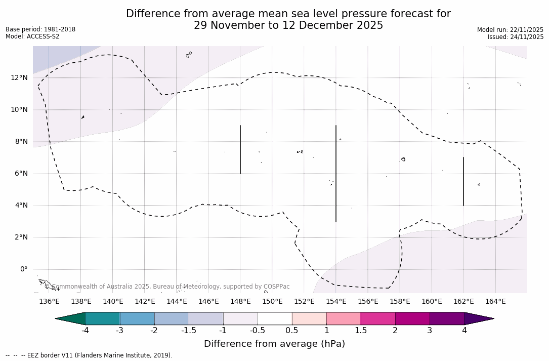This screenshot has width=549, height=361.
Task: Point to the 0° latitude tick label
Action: coord(23,269)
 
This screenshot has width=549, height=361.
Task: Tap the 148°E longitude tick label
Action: coord(240,301)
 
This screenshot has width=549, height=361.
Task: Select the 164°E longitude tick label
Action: coord(495,301)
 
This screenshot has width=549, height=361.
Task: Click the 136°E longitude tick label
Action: coord(49,301)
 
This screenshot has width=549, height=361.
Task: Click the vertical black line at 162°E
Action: coord(463,181)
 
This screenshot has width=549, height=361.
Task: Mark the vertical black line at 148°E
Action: coord(240,149)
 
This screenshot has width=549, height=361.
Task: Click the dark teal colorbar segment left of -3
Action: coord(103,318)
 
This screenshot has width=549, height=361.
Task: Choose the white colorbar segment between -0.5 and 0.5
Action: coord(275,318)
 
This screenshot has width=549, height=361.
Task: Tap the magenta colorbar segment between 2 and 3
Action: coord(412,318)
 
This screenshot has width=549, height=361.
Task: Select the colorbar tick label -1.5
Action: coord(189,331)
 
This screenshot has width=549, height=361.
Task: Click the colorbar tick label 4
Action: coord(464,331)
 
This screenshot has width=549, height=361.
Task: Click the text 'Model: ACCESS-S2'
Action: coord(32,36)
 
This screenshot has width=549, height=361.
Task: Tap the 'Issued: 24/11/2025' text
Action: coord(515,37)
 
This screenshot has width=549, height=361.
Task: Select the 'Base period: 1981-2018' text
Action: coord(40,29)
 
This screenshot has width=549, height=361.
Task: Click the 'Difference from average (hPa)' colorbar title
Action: coord(274,344)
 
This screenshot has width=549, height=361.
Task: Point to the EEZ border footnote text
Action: coord(89,355)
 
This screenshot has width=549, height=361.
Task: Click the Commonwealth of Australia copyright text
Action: coord(167,287)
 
